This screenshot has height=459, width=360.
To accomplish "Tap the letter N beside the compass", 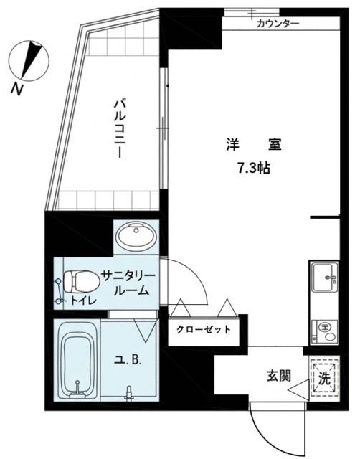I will pyautogui.click(x=16, y=89).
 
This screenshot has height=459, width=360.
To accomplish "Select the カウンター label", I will pyautogui.click(x=278, y=24).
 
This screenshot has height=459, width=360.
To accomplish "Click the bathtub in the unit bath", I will pyautogui.click(x=75, y=362).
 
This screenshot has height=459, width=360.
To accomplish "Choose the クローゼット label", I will pyautogui.click(x=204, y=330).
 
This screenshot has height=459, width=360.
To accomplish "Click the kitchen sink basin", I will pyautogui.click(x=324, y=276).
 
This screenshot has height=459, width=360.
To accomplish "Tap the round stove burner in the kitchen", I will pyautogui.click(x=325, y=328).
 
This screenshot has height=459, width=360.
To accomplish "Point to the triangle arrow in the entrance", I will pyautogui.click(x=298, y=392).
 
